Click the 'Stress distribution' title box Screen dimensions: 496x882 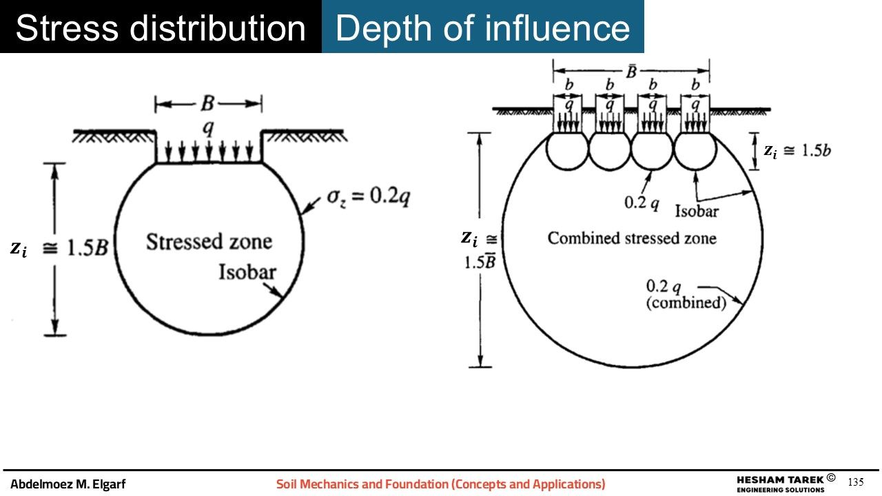[161, 27]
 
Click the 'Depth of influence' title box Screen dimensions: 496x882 [482, 27]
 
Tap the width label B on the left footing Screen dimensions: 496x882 [207, 105]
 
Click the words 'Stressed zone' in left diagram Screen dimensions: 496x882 [209, 242]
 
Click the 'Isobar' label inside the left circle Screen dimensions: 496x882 [247, 272]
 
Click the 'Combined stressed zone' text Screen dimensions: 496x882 [632, 238]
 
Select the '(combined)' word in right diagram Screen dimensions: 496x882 [686, 302]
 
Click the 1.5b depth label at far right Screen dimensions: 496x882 [806, 151]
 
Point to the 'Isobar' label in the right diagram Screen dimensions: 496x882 [697, 211]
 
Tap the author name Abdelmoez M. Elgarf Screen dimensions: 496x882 [68, 484]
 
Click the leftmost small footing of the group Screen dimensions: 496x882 [567, 114]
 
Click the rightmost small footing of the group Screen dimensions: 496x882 [695, 114]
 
